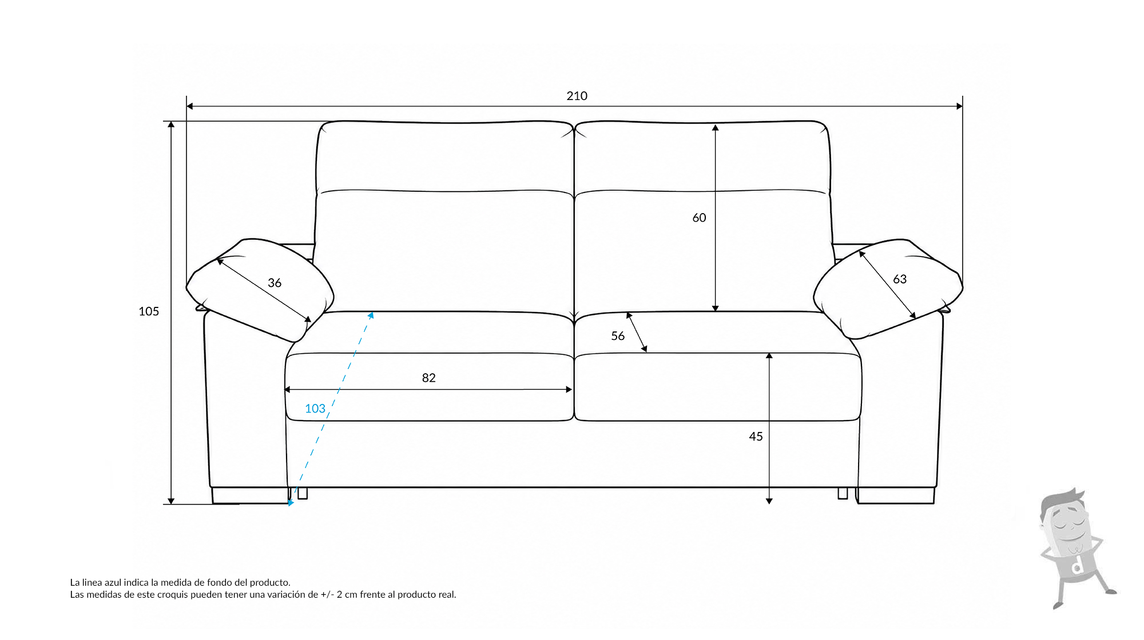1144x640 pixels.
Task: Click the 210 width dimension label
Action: (577, 96)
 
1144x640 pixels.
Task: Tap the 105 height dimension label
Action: (149, 311)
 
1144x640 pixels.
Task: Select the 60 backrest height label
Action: (699, 218)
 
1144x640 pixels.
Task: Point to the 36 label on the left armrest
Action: (275, 283)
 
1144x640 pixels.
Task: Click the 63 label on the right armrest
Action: (900, 279)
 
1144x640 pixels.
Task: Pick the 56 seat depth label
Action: (618, 336)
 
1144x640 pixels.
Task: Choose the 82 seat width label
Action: (428, 378)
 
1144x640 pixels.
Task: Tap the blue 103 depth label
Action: (315, 409)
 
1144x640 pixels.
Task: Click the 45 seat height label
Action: (756, 437)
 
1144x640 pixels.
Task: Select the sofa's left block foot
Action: (251, 495)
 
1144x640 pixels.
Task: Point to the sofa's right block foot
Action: (895, 495)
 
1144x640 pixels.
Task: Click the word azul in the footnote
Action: (113, 582)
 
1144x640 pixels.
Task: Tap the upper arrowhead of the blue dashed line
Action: (371, 315)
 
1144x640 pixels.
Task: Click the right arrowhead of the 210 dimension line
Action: (959, 106)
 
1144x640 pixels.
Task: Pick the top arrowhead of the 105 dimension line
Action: (171, 125)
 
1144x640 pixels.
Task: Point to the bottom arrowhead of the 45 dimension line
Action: (769, 501)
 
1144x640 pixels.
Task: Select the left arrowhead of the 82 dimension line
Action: (288, 390)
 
